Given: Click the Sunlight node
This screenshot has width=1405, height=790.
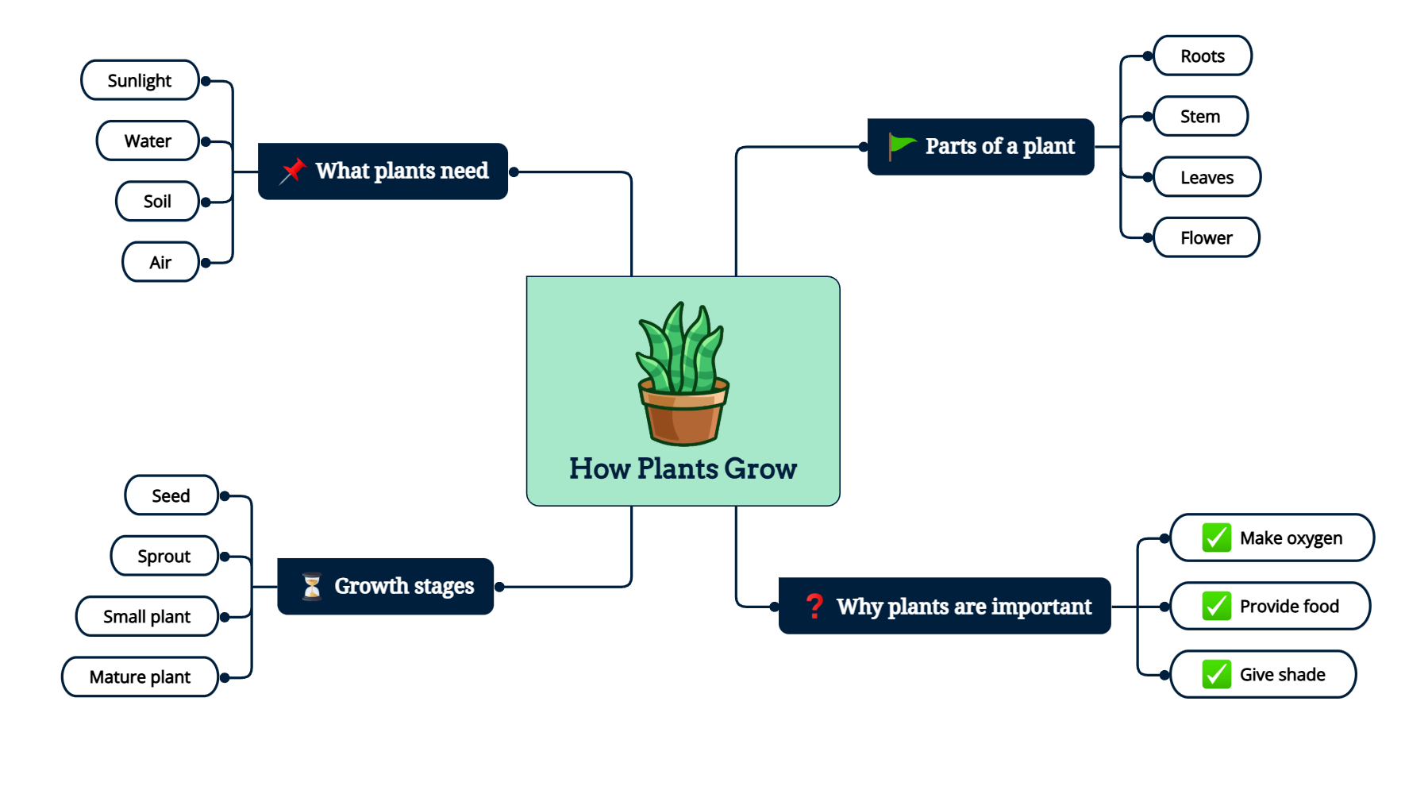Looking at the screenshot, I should (140, 80).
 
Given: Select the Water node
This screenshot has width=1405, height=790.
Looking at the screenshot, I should (148, 141).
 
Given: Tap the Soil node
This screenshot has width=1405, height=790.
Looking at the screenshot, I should (157, 201).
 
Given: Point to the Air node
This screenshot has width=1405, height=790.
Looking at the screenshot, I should (160, 262).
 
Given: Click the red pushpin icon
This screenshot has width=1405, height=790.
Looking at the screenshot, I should (293, 171).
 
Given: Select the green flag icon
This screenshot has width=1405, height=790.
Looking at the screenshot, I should (901, 145).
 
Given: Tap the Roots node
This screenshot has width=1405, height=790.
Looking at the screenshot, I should (1202, 56).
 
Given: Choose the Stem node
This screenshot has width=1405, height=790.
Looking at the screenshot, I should (1199, 116).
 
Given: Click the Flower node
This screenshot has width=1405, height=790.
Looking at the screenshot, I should (1206, 237).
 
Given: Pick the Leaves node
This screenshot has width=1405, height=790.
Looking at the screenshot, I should (1207, 177).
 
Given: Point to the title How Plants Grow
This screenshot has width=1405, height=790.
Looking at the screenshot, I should (683, 468).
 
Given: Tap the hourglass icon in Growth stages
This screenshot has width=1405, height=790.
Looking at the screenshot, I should (312, 586).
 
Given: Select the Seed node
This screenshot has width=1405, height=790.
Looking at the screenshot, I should (171, 495).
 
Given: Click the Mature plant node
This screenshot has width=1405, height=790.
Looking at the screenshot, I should (140, 676).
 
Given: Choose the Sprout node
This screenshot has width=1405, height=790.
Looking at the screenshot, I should (164, 556).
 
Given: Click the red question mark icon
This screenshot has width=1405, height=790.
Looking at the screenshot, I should (814, 606).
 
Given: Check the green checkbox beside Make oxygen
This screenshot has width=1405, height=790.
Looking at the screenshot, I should (1216, 538).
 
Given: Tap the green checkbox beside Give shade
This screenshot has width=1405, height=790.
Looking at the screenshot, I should (1216, 674).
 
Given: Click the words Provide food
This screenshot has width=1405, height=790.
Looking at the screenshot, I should (1289, 606).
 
